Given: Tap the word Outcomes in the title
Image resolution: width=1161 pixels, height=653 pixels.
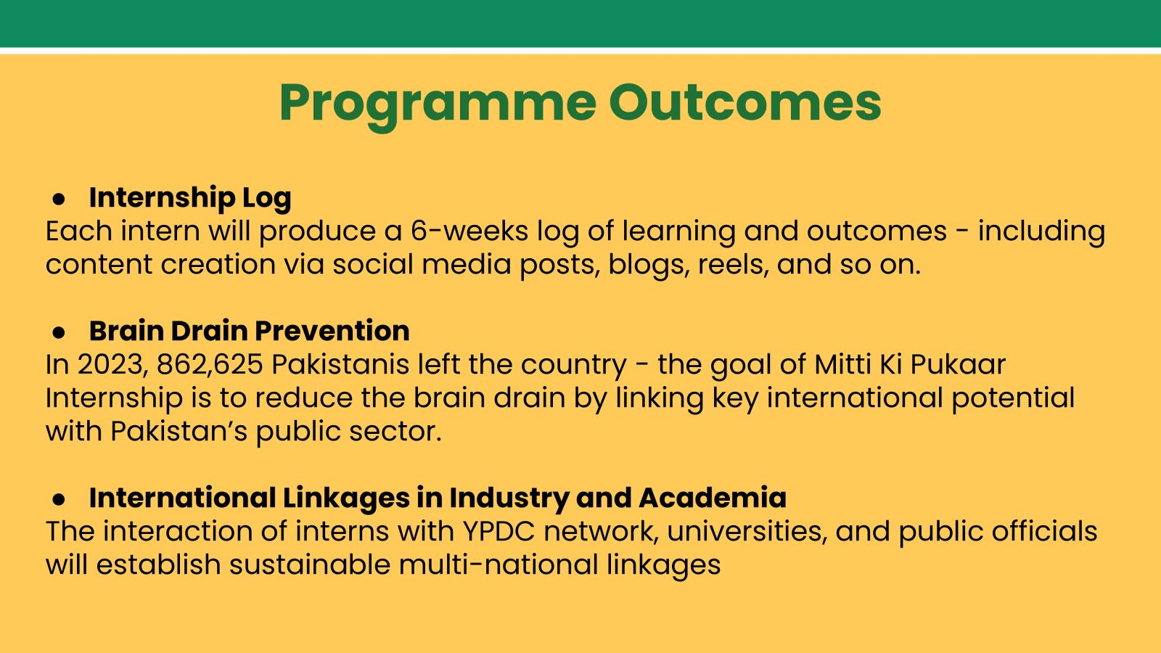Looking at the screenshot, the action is pyautogui.click(x=745, y=102).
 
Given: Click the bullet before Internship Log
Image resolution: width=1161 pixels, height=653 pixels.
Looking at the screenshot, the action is pyautogui.click(x=59, y=199).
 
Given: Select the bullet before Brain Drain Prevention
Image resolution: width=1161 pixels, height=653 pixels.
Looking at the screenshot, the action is pyautogui.click(x=59, y=333).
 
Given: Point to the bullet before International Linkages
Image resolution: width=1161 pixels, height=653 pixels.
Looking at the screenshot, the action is pyautogui.click(x=59, y=499).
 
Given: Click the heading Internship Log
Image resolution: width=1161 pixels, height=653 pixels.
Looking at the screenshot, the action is pyautogui.click(x=190, y=199).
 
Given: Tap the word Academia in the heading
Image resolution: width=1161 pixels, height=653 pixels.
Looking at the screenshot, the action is pyautogui.click(x=713, y=498).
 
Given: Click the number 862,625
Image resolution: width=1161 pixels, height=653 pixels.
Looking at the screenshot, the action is pyautogui.click(x=210, y=365).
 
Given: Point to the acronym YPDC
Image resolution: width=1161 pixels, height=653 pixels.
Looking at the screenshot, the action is pyautogui.click(x=499, y=531).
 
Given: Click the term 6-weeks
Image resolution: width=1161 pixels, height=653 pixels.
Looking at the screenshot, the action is pyautogui.click(x=469, y=231).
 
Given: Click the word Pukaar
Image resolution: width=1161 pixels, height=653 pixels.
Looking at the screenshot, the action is pyautogui.click(x=958, y=364).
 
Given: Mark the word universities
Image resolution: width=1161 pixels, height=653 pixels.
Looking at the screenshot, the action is pyautogui.click(x=747, y=532).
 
